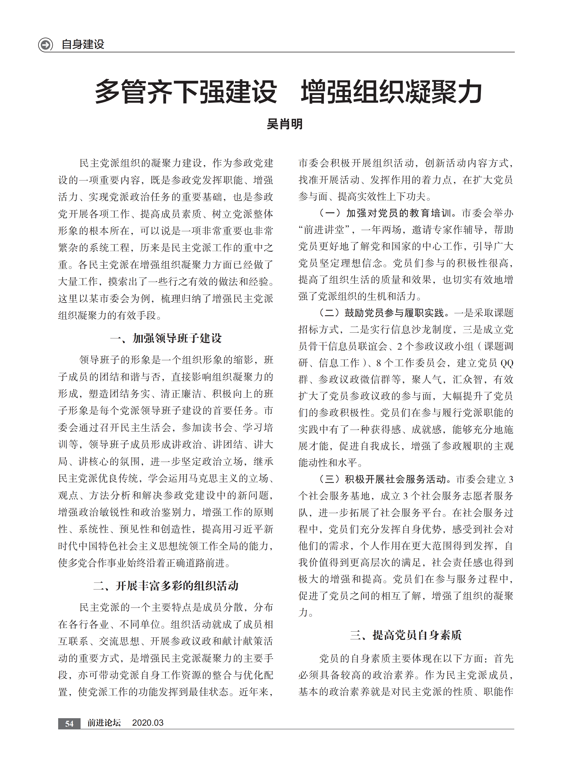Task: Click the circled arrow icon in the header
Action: (45, 45)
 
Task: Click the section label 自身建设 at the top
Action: (83, 45)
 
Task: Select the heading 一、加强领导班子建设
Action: (166, 338)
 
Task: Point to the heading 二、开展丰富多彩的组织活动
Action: (166, 586)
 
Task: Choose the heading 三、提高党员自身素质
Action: (405, 635)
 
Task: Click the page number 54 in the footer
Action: (69, 723)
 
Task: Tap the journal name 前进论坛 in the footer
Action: (104, 723)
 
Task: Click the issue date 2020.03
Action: (148, 723)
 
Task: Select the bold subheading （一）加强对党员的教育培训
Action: (385, 213)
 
